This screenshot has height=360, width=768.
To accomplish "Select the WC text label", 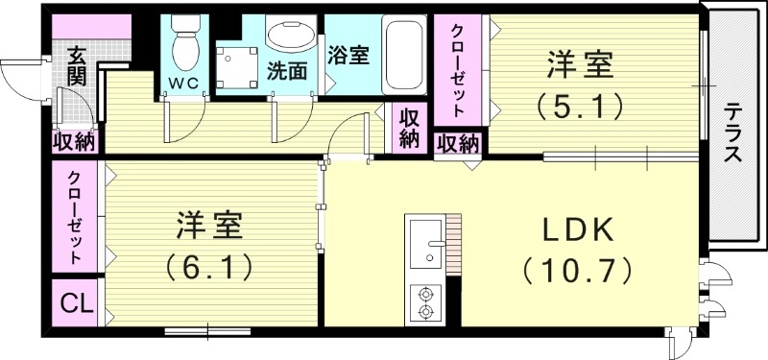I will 184,83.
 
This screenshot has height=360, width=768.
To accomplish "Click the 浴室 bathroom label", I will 348,55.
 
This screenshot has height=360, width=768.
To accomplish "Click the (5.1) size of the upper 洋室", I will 581,105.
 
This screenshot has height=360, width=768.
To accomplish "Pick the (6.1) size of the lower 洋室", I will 210,264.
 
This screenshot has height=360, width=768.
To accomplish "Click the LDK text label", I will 578,230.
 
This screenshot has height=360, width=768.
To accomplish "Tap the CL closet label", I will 75,305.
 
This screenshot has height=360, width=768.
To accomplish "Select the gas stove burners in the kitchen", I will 423,303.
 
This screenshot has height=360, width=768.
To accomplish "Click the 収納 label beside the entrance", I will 74,142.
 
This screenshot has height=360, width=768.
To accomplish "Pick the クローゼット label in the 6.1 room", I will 75,218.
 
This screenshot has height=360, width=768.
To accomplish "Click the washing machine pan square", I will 236,64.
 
